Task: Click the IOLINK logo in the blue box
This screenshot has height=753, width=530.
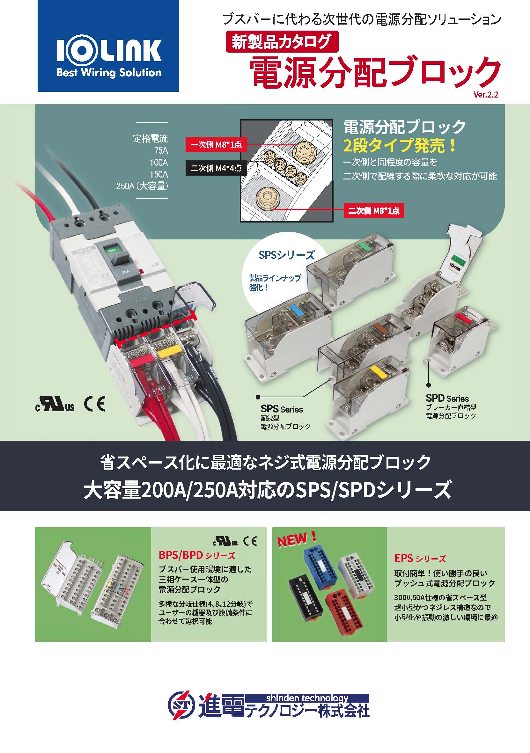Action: tap(109, 58)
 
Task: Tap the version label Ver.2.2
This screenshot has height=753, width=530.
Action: tap(486, 94)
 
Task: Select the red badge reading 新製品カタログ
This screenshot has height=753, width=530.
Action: tap(282, 42)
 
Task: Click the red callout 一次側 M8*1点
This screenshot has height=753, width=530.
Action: tap(216, 145)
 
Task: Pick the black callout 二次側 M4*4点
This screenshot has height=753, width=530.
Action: tap(216, 168)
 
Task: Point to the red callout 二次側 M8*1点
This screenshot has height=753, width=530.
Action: tap(373, 210)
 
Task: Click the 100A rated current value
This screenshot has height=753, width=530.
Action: tap(159, 162)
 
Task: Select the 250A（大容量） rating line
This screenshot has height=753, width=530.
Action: tap(142, 186)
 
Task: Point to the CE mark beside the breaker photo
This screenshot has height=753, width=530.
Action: tap(95, 404)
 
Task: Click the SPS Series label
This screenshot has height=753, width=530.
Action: tap(282, 409)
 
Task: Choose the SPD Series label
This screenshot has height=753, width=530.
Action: tap(447, 398)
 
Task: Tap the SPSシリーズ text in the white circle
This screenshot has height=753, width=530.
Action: tap(287, 255)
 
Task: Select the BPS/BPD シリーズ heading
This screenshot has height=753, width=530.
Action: tap(197, 555)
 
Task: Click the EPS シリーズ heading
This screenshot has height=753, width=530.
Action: tap(420, 558)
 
